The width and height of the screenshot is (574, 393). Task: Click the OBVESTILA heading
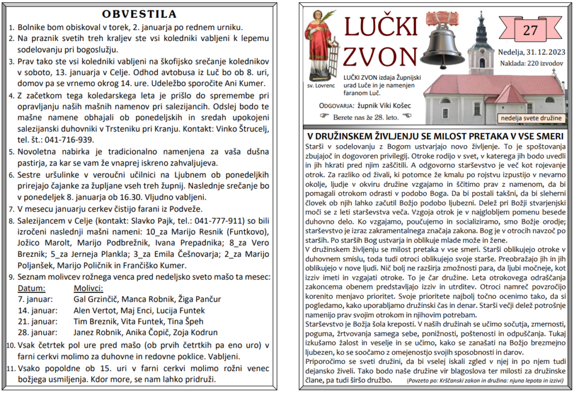point(140,14)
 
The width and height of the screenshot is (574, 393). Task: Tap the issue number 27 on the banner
point(530,30)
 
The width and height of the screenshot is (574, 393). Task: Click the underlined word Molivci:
point(89,288)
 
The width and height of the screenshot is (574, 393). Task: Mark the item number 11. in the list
point(11,368)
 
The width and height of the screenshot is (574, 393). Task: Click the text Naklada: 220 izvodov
point(531,63)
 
